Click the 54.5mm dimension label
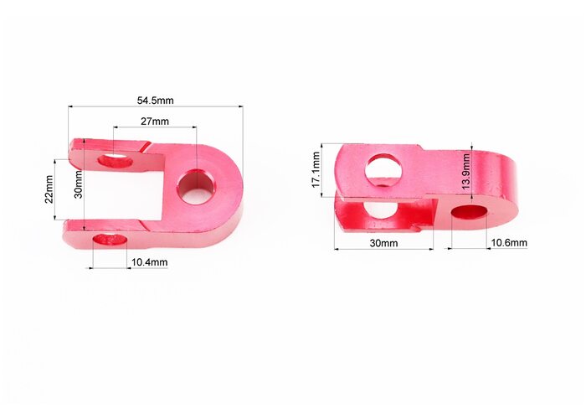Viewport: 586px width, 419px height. tap(155, 101)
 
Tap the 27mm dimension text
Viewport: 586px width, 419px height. tap(155, 122)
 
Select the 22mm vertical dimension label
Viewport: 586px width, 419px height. tap(49, 189)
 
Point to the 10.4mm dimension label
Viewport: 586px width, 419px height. tap(150, 262)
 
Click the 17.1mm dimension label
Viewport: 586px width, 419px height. tap(316, 169)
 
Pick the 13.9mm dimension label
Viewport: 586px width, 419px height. tap(465, 172)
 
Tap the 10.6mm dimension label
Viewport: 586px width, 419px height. tap(509, 243)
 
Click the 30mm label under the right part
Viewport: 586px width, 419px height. tap(383, 243)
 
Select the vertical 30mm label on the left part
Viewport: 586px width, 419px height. tap(79, 184)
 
